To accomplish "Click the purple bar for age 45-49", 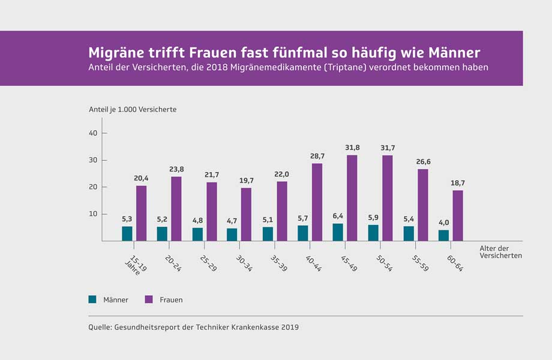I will pyautogui.click(x=352, y=198).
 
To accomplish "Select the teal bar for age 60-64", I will pyautogui.click(x=443, y=235).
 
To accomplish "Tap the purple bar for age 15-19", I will pyautogui.click(x=141, y=213).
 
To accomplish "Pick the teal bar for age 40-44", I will pyautogui.click(x=302, y=233).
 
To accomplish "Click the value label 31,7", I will pyautogui.click(x=388, y=148).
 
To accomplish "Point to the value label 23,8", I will pyautogui.click(x=176, y=169).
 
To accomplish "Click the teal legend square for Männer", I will pyautogui.click(x=92, y=299).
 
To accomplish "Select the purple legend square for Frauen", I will pyautogui.click(x=148, y=299).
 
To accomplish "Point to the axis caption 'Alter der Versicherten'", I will pyautogui.click(x=500, y=251).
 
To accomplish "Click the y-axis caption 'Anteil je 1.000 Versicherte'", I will pyautogui.click(x=132, y=109).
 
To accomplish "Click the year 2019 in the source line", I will pyautogui.click(x=289, y=328).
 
